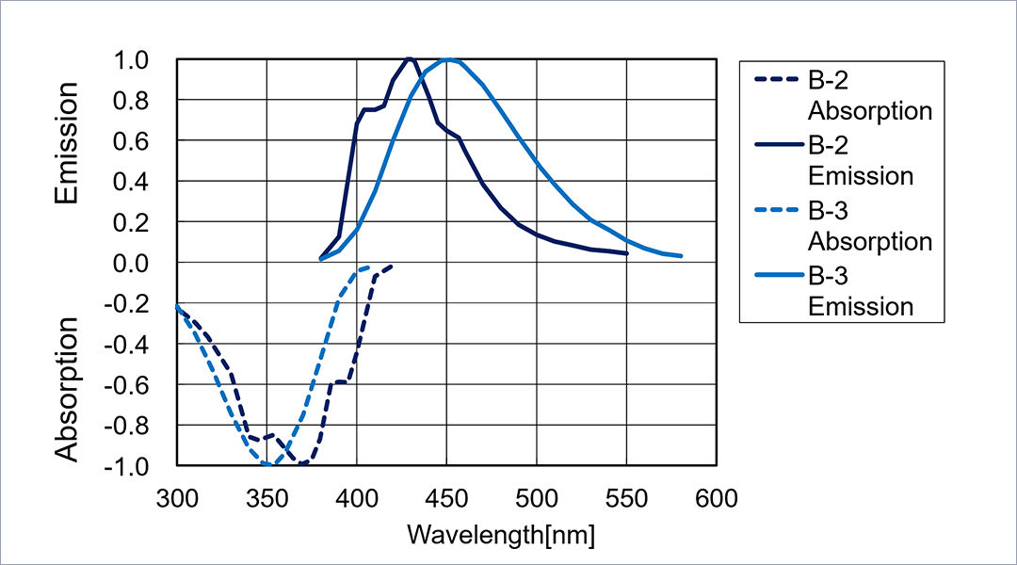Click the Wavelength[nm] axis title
coord(501,535)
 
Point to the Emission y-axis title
coord(66,143)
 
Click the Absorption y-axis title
coord(66,389)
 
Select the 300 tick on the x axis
coord(176,498)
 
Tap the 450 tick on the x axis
coord(446,498)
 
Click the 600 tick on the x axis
coord(717,498)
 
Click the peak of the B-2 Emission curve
coord(409,58)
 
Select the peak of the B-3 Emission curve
coord(449,59)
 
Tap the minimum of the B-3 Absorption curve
coord(267,464)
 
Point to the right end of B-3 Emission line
coord(681,256)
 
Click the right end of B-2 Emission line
coord(627,253)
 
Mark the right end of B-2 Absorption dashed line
coord(392,266)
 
